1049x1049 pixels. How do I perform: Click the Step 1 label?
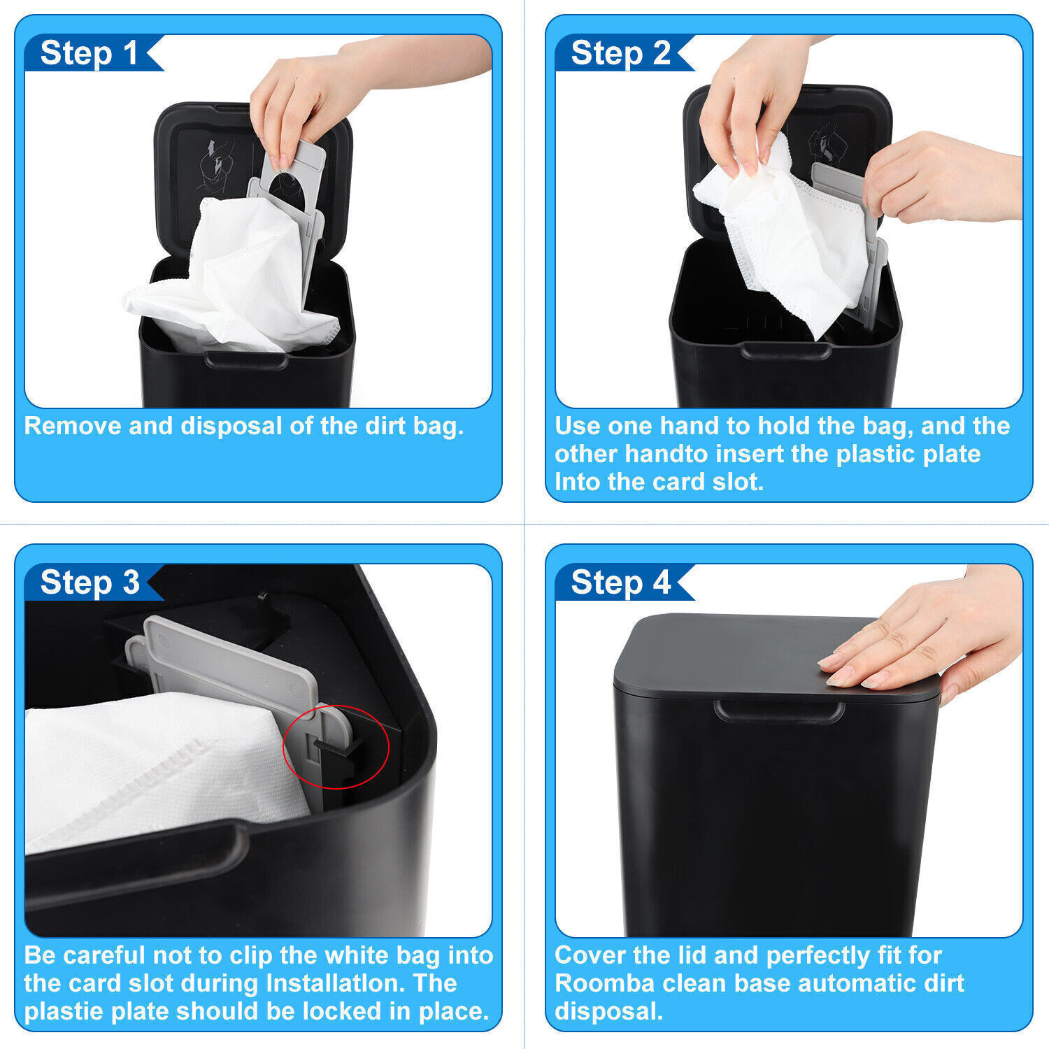tap(89, 54)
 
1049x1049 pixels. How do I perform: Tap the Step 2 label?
tap(620, 54)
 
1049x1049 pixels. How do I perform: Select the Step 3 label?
tap(90, 583)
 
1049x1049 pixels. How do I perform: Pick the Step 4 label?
tap(620, 583)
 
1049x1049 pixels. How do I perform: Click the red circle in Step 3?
tap(335, 747)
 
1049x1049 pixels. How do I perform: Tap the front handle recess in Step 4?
tap(778, 713)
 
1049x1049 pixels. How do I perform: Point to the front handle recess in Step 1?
tap(246, 360)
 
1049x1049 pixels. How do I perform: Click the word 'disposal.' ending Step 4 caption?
tap(608, 1011)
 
